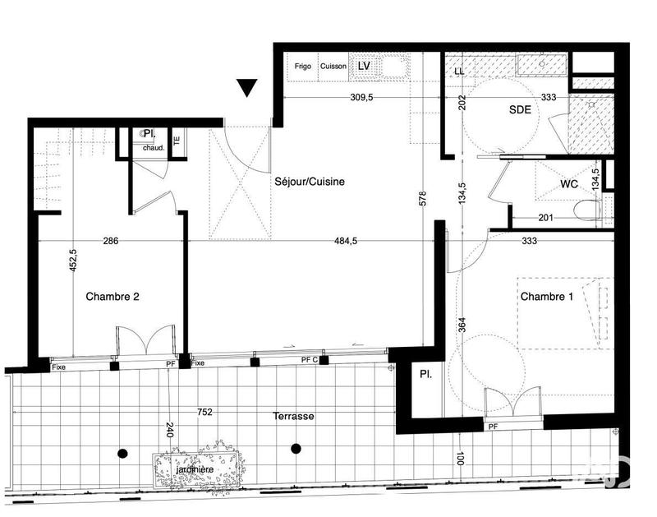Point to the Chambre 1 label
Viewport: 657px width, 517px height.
(x=545, y=296)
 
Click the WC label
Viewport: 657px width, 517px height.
(x=570, y=184)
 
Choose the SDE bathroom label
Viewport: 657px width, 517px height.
(x=519, y=108)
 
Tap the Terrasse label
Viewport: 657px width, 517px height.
(x=294, y=417)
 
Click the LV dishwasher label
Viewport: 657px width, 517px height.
(x=364, y=65)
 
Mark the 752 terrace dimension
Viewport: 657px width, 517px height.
(x=204, y=413)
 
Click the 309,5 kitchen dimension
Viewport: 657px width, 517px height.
(x=361, y=97)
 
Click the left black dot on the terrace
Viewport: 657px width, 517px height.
(x=123, y=453)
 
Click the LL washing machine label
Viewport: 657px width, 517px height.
(x=459, y=72)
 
